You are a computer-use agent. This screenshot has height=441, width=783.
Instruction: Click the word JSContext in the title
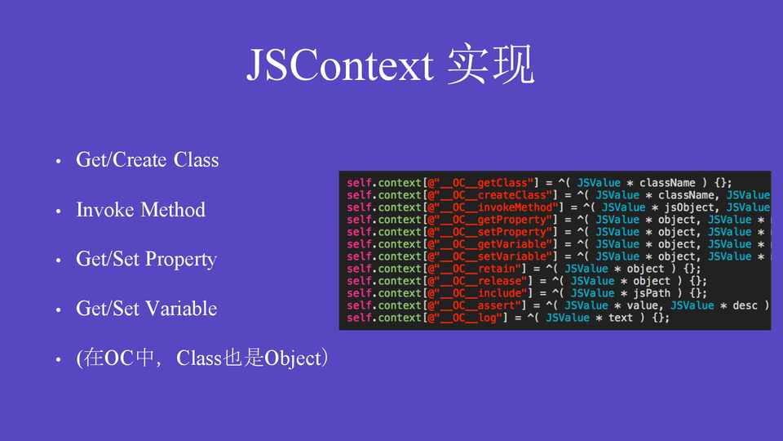pos(339,65)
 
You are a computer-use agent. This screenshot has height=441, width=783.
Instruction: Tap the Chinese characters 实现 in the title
pos(491,64)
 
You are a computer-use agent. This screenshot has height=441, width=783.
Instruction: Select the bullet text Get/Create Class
pos(148,160)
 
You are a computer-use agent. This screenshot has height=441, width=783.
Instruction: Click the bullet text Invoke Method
pos(141,210)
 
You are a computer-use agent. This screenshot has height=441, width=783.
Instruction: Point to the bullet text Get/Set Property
pos(146,260)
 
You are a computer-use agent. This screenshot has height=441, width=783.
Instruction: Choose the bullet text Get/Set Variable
pos(146,309)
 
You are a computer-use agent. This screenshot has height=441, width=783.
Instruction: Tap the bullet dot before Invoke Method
pos(59,211)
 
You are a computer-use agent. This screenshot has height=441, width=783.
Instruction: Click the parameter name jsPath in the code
pos(652,293)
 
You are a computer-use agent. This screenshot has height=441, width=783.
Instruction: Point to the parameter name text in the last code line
pos(621,318)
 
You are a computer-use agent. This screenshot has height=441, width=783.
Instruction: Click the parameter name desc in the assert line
pos(745,305)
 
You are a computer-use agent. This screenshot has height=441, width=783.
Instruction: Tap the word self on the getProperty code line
pos(359,220)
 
